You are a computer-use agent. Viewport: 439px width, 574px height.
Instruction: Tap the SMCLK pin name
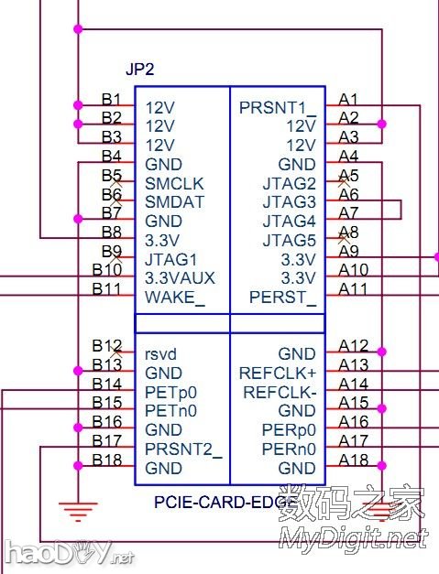pos(174,183)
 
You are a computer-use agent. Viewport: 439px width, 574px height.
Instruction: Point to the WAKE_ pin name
pos(175,298)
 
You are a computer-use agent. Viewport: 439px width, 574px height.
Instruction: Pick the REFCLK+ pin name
pos(277,373)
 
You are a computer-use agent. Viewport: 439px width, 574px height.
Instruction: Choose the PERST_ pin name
pos(282,298)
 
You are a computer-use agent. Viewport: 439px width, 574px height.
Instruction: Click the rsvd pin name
pos(162,353)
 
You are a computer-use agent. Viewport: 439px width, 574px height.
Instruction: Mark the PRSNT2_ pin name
pos(184,449)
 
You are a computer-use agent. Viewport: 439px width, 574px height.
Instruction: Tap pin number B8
pos(112,233)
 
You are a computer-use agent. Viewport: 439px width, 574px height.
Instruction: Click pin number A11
pos(354,289)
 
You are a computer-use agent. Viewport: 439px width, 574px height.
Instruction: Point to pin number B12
pos(107,346)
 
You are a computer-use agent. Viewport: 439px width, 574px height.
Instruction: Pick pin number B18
pos(107,460)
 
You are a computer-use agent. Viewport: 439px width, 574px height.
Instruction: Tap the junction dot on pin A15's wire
pos(380,408)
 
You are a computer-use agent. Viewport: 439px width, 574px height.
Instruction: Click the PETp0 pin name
pos(171,392)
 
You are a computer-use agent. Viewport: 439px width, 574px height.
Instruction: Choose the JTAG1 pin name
pos(171,259)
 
